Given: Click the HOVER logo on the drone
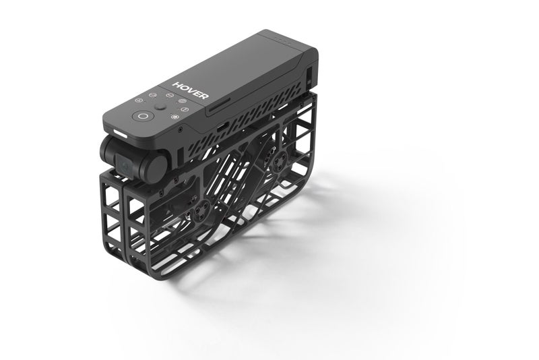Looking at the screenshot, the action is tap(191, 90).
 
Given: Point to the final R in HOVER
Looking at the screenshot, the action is tap(203, 96).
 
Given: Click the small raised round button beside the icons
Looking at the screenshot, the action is tap(160, 107).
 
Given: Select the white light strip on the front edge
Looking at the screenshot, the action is tap(120, 133).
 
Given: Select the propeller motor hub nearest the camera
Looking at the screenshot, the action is tap(201, 210).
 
